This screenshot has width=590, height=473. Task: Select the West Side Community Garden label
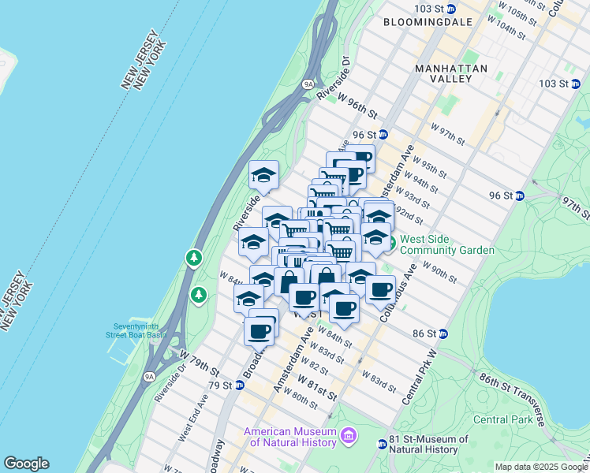(447, 244)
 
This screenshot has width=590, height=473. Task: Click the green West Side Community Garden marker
(390, 239)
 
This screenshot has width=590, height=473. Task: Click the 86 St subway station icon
(442, 333)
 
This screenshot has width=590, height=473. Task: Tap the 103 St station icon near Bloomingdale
(450, 9)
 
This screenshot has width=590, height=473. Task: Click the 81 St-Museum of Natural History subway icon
(383, 445)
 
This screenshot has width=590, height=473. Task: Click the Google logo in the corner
(26, 464)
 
